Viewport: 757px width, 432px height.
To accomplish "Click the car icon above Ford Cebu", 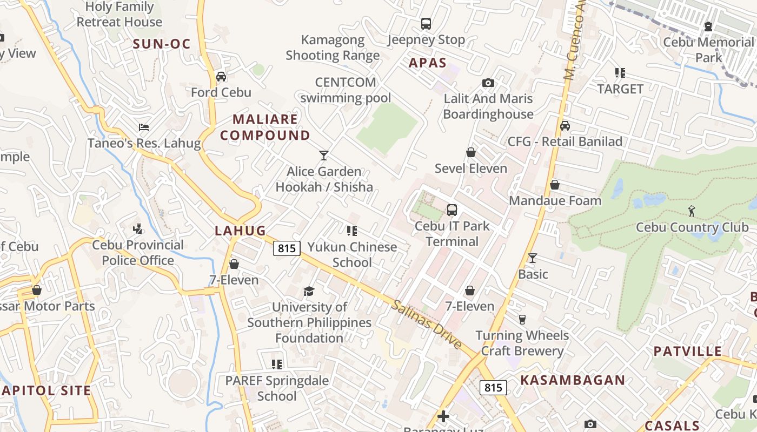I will click(221, 77).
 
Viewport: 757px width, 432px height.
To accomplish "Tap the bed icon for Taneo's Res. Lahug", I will click(144, 127).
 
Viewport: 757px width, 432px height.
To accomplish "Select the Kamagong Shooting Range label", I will click(333, 48).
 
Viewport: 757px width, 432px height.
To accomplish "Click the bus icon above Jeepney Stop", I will click(426, 24).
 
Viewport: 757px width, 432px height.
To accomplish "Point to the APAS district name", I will click(428, 63).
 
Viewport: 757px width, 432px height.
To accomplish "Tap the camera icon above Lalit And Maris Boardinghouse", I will click(488, 83).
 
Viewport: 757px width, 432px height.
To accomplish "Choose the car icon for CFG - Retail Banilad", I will click(565, 126).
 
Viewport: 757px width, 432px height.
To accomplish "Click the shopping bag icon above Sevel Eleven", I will click(471, 153).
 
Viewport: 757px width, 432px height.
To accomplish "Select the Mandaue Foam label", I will click(555, 201).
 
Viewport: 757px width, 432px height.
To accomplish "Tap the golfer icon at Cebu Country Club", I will click(692, 211).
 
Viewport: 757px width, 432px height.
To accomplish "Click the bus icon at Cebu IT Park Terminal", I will click(452, 210).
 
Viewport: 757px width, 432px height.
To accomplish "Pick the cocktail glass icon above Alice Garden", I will click(324, 156).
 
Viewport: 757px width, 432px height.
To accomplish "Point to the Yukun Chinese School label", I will click(353, 254).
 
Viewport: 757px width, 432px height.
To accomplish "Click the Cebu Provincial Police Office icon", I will click(137, 229).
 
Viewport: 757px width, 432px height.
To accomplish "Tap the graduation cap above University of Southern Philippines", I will click(309, 292).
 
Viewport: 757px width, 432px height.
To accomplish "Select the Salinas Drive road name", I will click(427, 324).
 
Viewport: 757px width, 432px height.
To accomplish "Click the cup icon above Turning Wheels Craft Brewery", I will click(522, 320).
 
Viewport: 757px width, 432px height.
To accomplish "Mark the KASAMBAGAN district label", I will click(573, 380).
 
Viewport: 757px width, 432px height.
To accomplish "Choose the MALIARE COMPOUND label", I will click(265, 127).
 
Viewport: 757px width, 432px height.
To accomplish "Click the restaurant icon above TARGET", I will click(620, 73).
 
